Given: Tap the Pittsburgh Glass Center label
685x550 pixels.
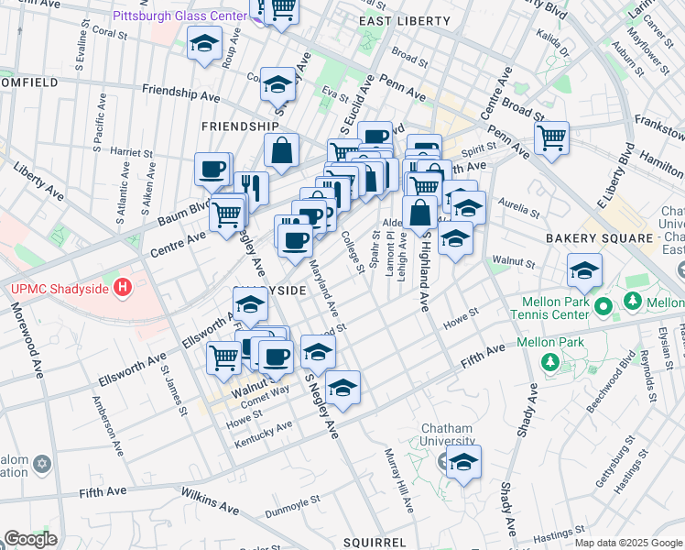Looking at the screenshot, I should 179,16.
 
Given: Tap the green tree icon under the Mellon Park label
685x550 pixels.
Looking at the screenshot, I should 550,363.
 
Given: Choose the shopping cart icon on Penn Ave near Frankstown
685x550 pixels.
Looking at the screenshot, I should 550,138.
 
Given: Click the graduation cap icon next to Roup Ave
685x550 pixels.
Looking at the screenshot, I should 204,42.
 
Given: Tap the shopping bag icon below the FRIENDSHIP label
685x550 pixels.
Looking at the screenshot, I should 281,150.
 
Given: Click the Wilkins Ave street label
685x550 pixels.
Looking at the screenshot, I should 209,500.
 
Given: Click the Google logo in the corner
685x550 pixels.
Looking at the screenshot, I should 29,539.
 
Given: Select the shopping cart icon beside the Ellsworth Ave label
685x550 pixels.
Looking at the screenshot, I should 223,357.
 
